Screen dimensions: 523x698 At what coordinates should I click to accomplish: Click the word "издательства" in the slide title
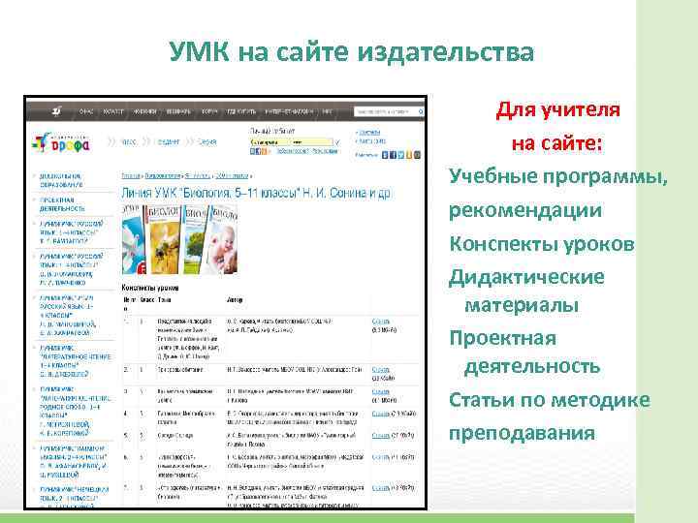pyautogui.click(x=450, y=51)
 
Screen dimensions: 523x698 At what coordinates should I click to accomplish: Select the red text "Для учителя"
pyautogui.click(x=552, y=108)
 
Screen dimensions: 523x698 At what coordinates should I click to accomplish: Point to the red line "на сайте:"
pyautogui.click(x=556, y=143)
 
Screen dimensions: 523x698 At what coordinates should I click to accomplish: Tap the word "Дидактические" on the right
pyautogui.click(x=540, y=277)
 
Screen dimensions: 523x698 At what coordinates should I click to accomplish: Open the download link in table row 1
pyautogui.click(x=380, y=321)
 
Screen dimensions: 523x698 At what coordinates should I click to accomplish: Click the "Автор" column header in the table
pyautogui.click(x=236, y=300)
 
